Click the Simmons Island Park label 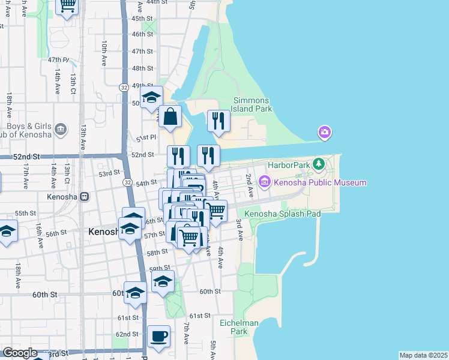point(253,104)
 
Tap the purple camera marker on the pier point(324,132)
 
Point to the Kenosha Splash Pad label point(283,214)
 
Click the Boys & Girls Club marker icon point(60,130)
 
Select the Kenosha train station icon point(85,196)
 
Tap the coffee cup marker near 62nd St point(159,337)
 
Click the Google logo point(20,353)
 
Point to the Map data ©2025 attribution point(423,355)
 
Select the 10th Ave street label point(104,53)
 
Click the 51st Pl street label point(145,138)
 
